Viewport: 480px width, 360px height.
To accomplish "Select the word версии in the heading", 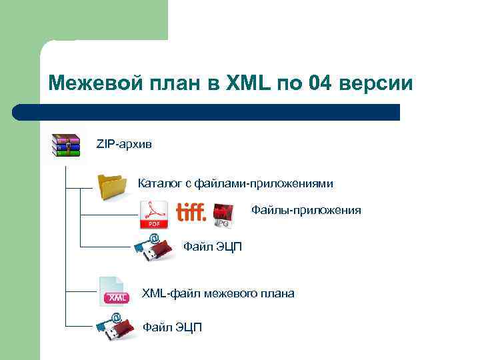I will [x=376, y=84].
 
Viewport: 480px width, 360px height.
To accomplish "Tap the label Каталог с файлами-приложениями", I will [x=235, y=183].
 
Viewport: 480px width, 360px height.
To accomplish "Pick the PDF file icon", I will [x=153, y=215].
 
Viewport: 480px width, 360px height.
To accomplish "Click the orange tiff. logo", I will [x=191, y=213].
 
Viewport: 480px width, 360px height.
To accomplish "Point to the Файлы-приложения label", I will [x=306, y=211].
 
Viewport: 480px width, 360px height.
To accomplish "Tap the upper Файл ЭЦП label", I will [x=213, y=247].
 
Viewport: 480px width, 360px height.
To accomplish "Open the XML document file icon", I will [x=113, y=291].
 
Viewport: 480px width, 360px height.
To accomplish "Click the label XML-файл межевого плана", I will [x=218, y=293].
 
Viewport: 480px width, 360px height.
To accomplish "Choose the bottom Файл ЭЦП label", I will [x=172, y=327].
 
